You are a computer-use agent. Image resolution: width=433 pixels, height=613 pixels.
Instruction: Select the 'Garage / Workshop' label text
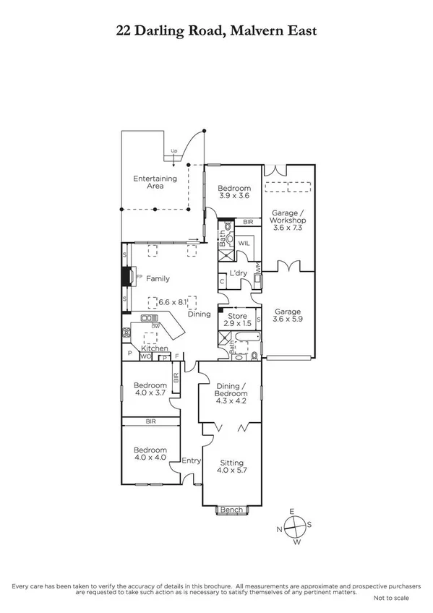287,218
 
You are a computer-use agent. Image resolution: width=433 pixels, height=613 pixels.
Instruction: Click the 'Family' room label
158,278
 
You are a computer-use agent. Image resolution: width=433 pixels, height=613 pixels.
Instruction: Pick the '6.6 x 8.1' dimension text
172,302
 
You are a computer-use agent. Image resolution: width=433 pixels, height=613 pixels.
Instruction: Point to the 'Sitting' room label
232,463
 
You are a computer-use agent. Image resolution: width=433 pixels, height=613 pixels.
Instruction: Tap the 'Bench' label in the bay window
231,510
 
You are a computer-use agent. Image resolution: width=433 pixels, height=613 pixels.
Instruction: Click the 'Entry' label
192,460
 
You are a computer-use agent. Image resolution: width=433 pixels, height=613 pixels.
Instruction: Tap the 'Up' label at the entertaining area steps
173,151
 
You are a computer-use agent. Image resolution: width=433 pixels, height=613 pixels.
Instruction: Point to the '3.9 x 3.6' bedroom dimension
233,195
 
